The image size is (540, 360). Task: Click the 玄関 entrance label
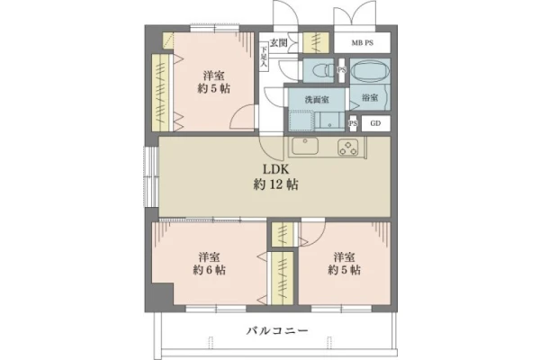coord(278,43)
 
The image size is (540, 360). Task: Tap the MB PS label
coord(363,43)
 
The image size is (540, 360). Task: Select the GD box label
coord(375,123)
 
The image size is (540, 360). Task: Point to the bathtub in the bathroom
coord(370,71)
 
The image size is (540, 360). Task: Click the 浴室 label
coord(370,97)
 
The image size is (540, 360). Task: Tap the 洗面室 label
coord(317,100)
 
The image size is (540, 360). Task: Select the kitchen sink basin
coord(305,146)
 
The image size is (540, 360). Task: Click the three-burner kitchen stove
coord(348,147)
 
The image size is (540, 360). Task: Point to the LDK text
coord(275,169)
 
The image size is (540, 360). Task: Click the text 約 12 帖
coord(275,185)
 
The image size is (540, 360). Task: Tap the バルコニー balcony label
coord(277,331)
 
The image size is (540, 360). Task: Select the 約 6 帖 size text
coord(209,270)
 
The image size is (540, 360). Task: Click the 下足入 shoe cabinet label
coord(264,58)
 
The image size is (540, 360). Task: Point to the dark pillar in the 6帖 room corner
coord(162,294)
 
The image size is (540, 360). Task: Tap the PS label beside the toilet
coord(342,70)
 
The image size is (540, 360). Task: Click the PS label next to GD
coord(353,123)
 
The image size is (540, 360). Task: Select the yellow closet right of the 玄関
coord(316,42)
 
